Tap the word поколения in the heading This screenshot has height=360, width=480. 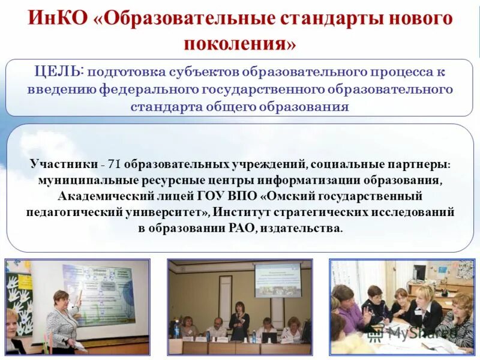click(x=239, y=44)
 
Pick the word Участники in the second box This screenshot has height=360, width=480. click(x=63, y=164)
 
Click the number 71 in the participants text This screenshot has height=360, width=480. click(x=114, y=164)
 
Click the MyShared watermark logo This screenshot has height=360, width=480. click(x=413, y=332)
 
